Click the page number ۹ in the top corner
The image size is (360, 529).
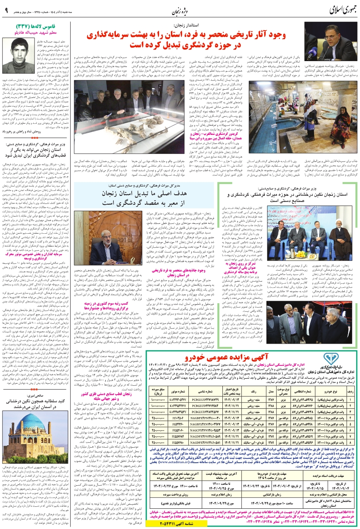click(6, 11)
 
